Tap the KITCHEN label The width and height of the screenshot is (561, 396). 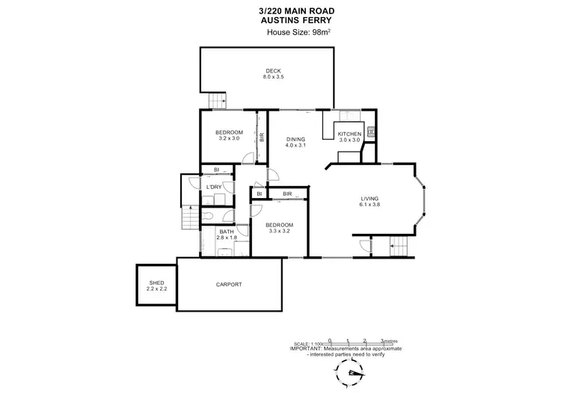click(349, 134)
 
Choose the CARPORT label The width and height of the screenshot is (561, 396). click(228, 285)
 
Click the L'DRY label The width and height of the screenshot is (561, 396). click(214, 187)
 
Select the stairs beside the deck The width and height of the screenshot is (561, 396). click(217, 100)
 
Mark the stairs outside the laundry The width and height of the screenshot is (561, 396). click(190, 218)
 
